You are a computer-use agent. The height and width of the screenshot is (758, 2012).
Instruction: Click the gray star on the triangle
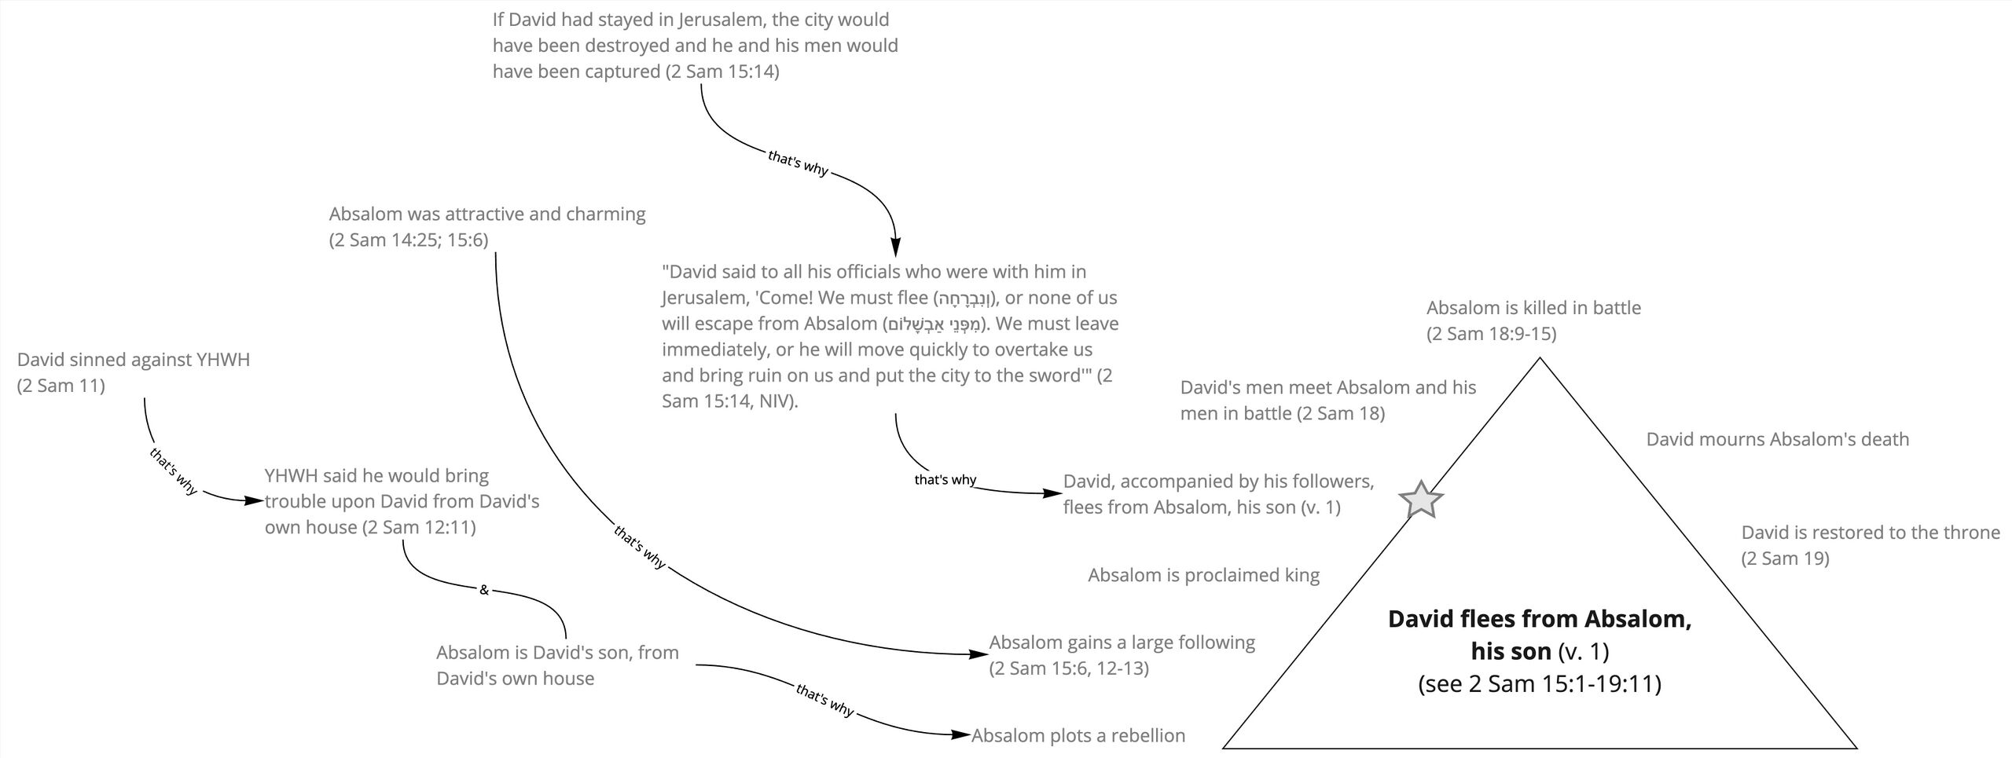(x=1421, y=500)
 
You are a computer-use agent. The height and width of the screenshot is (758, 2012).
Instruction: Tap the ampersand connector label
(x=484, y=590)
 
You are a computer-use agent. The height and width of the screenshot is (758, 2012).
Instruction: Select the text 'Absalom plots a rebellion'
(x=1078, y=736)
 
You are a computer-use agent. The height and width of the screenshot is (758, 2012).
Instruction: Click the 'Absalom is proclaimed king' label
(x=1203, y=575)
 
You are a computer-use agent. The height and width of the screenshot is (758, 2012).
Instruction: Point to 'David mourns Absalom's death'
(x=1777, y=439)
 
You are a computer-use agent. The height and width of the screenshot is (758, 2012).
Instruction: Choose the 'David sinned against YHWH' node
(x=134, y=372)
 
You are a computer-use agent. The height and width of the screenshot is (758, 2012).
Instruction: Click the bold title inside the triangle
(x=1539, y=635)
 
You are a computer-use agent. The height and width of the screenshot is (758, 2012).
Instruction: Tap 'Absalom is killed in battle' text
(x=1533, y=320)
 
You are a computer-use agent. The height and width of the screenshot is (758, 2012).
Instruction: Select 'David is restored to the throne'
(x=1870, y=545)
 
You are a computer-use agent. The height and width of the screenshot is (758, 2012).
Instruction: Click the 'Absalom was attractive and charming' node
(x=487, y=226)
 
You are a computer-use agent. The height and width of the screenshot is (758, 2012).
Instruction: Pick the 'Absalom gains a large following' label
(x=1122, y=655)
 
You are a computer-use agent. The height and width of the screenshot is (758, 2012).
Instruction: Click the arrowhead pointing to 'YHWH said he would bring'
(x=254, y=500)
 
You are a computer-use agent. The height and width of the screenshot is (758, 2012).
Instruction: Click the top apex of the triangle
(x=1540, y=359)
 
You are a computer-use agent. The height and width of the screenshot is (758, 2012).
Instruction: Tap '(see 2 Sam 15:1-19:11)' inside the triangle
(x=1539, y=684)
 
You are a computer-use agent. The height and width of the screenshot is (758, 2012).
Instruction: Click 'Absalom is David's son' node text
(x=557, y=665)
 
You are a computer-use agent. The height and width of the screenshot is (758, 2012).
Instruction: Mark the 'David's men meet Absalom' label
(x=1327, y=401)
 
